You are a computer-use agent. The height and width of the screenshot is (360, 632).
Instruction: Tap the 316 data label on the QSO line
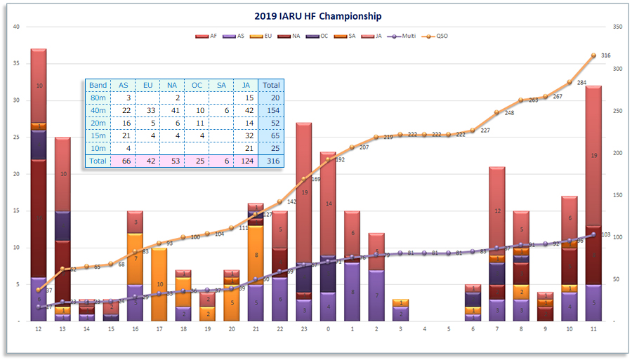(x=606, y=55)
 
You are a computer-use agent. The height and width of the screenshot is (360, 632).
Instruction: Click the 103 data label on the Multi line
(x=606, y=234)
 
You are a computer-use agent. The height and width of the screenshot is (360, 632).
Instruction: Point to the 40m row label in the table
(x=98, y=110)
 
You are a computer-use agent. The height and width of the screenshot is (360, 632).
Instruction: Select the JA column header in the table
(x=246, y=85)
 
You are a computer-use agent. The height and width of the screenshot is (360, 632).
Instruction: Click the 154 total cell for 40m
(x=270, y=110)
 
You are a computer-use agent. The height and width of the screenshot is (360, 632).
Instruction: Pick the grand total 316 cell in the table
(x=270, y=161)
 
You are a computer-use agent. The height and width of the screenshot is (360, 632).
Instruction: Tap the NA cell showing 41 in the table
(x=172, y=110)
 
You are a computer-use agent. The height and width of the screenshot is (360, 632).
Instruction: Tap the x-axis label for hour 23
(x=303, y=329)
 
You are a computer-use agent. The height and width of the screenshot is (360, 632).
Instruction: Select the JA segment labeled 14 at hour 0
(x=327, y=204)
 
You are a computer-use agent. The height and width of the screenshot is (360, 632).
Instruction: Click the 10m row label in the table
(x=98, y=148)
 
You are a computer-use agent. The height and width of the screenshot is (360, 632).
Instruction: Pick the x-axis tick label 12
(x=39, y=329)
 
